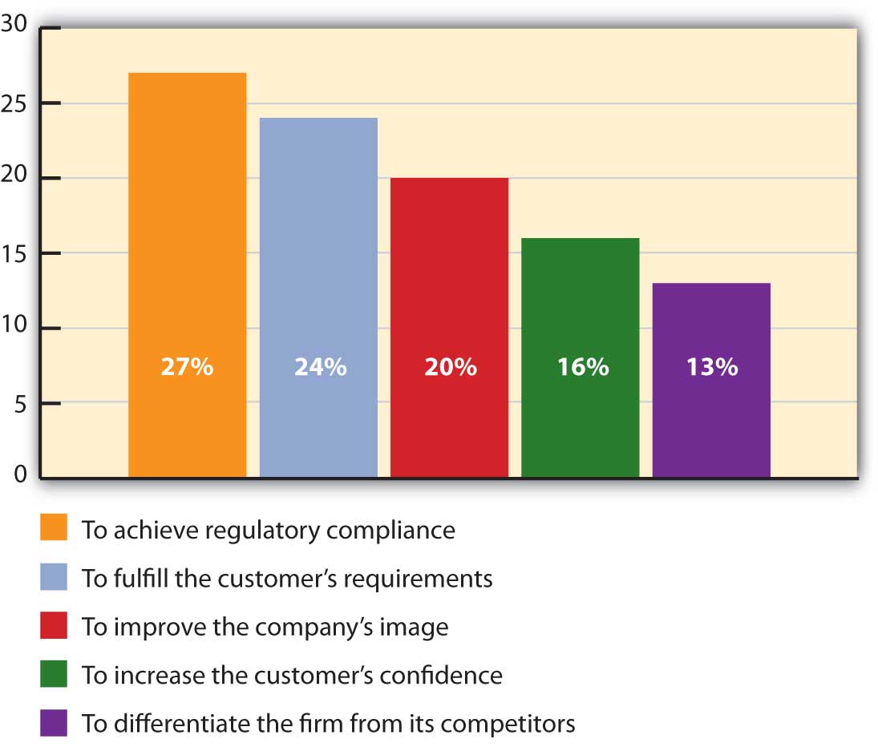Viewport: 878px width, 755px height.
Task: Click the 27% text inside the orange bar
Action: coord(187,368)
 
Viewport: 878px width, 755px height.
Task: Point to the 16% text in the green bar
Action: coord(583,368)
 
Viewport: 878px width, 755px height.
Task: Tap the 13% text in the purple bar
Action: coord(711,368)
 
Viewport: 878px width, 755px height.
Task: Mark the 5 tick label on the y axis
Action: coord(20,404)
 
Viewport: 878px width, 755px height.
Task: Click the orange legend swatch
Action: coord(54,529)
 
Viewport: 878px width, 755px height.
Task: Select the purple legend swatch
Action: coord(54,724)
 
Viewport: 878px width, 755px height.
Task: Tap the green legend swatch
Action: coord(54,675)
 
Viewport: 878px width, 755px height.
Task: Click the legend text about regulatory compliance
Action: coord(268,531)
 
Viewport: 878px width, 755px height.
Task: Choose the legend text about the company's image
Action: coord(265,627)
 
